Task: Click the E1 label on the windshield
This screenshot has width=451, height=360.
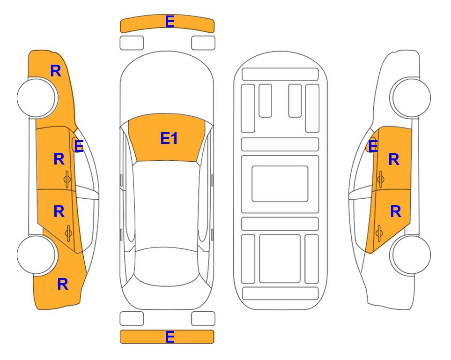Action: point(169,138)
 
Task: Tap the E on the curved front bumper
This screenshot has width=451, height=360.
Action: point(170,22)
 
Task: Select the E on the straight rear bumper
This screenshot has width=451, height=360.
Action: point(170,337)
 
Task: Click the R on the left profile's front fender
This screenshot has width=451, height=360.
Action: point(56,71)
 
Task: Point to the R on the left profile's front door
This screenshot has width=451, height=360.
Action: point(59,159)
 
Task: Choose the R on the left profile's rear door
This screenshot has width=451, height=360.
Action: point(59,212)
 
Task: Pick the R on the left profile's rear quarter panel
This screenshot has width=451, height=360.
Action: point(63,284)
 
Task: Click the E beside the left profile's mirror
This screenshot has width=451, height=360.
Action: point(79,146)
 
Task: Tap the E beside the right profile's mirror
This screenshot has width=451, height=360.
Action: point(373,146)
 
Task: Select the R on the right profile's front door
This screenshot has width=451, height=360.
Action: point(394,159)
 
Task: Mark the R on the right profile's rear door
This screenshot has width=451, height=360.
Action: point(395,212)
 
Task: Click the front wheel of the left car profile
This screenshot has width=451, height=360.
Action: point(37,97)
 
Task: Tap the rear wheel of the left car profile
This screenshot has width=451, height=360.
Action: point(37,255)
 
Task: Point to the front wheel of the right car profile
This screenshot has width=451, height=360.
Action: point(410,97)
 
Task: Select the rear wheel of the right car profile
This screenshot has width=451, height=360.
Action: point(410,255)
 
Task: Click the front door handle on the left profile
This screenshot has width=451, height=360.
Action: point(67,179)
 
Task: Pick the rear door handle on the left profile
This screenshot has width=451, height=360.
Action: point(68,233)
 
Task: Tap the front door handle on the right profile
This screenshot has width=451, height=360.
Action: point(380,179)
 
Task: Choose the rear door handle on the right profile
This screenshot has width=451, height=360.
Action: point(379,233)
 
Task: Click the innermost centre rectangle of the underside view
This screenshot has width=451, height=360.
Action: point(280,184)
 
